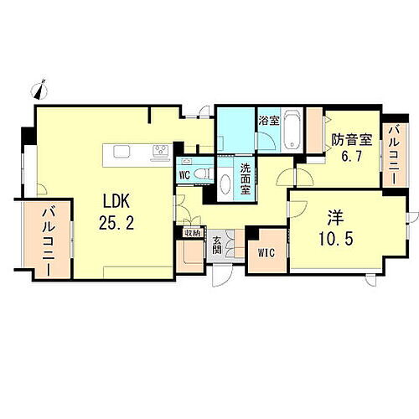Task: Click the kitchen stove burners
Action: (x=161, y=152)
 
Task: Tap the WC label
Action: (x=184, y=174)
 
